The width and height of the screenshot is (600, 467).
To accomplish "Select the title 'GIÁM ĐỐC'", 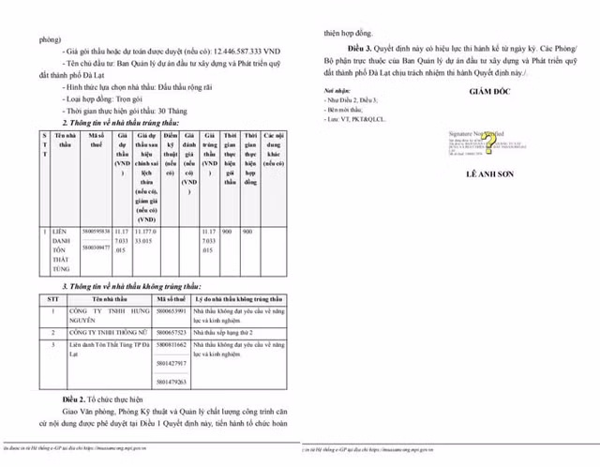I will [x=486, y=91].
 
